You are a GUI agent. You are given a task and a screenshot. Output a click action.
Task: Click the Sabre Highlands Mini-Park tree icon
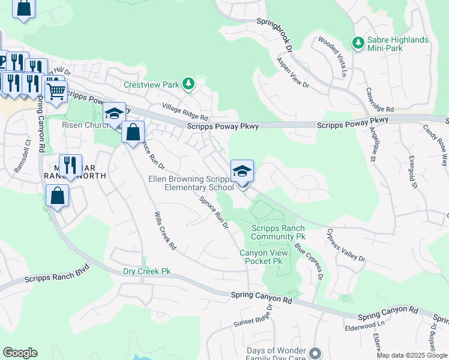358,43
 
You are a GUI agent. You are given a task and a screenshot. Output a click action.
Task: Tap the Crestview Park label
151,85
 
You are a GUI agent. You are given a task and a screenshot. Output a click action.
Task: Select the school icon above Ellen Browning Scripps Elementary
243,171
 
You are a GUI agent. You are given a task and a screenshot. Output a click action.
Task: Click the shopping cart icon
56,92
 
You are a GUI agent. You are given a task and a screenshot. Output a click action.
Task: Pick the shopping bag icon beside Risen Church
133,132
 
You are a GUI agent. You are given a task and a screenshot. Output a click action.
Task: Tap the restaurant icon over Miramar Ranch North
70,165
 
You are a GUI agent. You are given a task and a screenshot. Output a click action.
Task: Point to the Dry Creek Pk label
146,271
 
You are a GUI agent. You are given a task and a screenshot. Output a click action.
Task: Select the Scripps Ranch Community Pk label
278,232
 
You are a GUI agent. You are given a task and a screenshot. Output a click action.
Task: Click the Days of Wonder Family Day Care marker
317,352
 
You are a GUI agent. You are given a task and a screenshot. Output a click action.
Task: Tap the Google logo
20,353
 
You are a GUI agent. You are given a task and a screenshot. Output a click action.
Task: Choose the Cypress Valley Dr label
345,244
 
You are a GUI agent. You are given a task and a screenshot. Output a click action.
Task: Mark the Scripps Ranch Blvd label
57,274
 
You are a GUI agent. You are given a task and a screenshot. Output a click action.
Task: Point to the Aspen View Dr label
292,73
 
